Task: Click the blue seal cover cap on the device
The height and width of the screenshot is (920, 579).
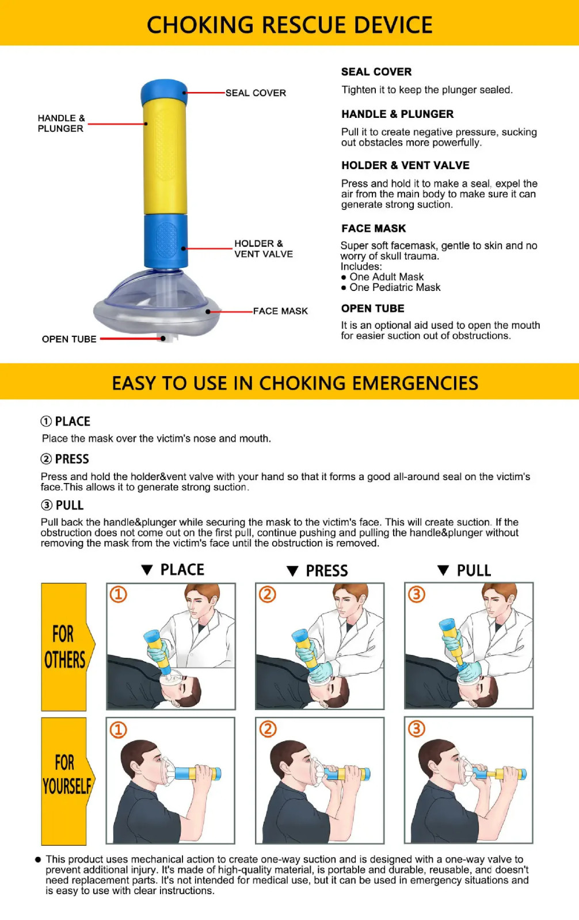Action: point(164,92)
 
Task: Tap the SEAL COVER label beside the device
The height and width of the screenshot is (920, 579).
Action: point(256,93)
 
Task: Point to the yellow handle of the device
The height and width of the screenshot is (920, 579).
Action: point(165,155)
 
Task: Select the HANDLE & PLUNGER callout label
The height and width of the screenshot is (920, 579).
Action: point(61,123)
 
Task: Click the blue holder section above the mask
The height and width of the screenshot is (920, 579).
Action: point(165,240)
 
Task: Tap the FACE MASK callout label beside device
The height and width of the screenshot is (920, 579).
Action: point(280,311)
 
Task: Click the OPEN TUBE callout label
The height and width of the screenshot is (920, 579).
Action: point(69,339)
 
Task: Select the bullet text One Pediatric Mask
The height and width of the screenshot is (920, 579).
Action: point(395,287)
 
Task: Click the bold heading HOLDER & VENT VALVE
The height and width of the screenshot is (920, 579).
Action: point(405,166)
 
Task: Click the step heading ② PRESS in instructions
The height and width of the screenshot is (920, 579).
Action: point(65,459)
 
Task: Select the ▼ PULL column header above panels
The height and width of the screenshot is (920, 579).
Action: point(465,570)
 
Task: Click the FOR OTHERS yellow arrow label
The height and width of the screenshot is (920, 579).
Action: point(65,647)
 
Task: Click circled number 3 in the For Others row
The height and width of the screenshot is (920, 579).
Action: point(417,594)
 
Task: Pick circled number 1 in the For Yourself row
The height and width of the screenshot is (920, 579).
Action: point(118,730)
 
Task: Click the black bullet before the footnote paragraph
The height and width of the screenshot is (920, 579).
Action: point(38,860)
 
